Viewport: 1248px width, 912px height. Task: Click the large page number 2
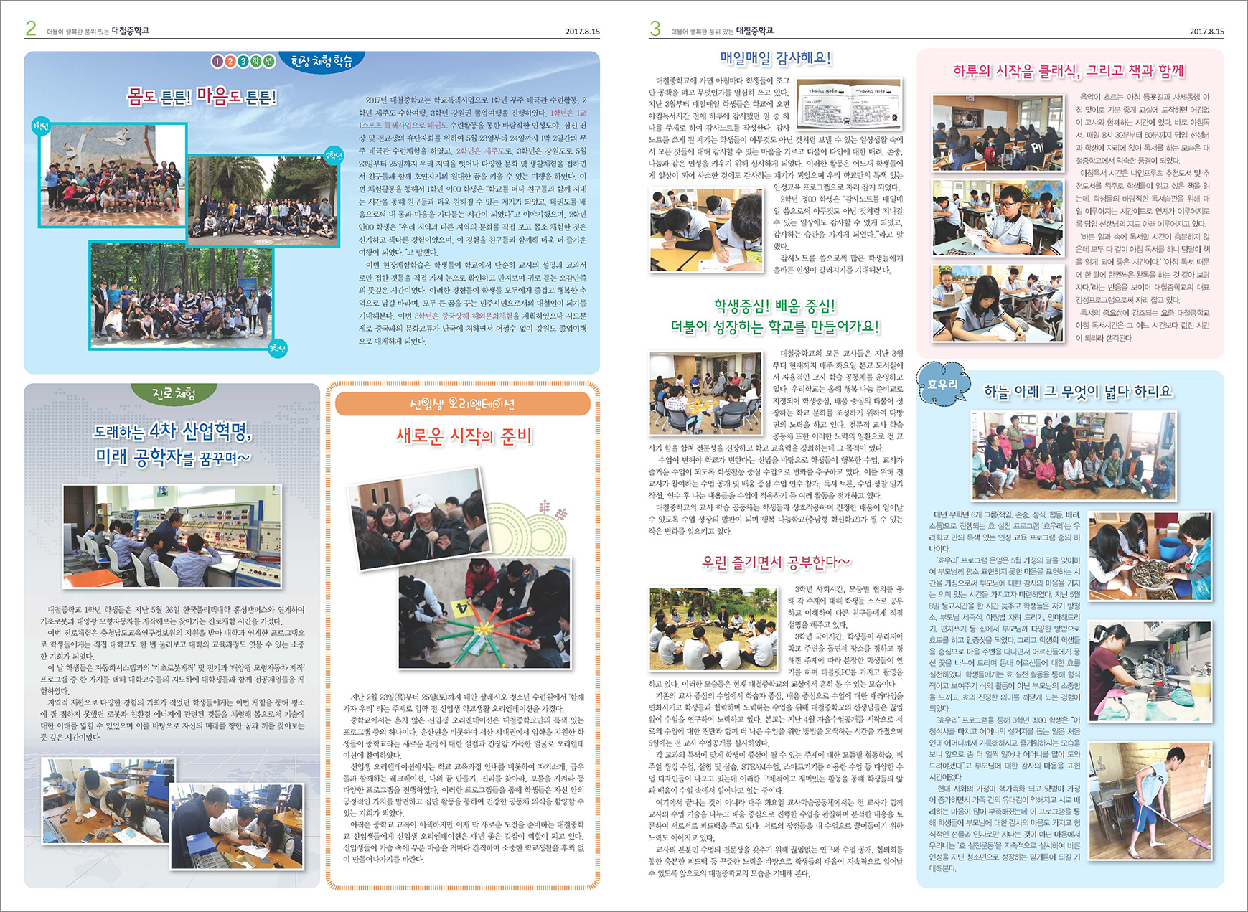(31, 28)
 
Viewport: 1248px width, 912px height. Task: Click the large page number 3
(655, 28)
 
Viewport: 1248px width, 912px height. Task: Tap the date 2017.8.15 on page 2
(582, 32)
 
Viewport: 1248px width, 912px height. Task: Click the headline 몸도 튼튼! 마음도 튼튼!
(202, 96)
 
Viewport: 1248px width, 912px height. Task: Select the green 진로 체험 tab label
(174, 394)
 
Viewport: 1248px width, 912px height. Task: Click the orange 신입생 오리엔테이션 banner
(462, 404)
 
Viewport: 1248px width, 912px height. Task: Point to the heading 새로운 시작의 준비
(464, 436)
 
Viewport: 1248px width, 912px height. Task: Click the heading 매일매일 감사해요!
(775, 58)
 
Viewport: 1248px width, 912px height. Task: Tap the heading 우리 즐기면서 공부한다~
(776, 562)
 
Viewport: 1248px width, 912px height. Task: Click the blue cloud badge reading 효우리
(943, 385)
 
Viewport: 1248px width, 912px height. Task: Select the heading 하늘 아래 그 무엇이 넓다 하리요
(1077, 392)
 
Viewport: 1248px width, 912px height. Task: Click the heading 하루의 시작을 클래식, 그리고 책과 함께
(1069, 70)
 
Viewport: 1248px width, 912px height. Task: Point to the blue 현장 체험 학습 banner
(322, 62)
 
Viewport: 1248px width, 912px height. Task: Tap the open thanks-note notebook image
(850, 104)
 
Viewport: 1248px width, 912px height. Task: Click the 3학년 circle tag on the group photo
(277, 349)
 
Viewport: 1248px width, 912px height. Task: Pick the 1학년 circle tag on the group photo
(41, 126)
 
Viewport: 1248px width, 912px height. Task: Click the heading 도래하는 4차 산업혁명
(173, 431)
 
